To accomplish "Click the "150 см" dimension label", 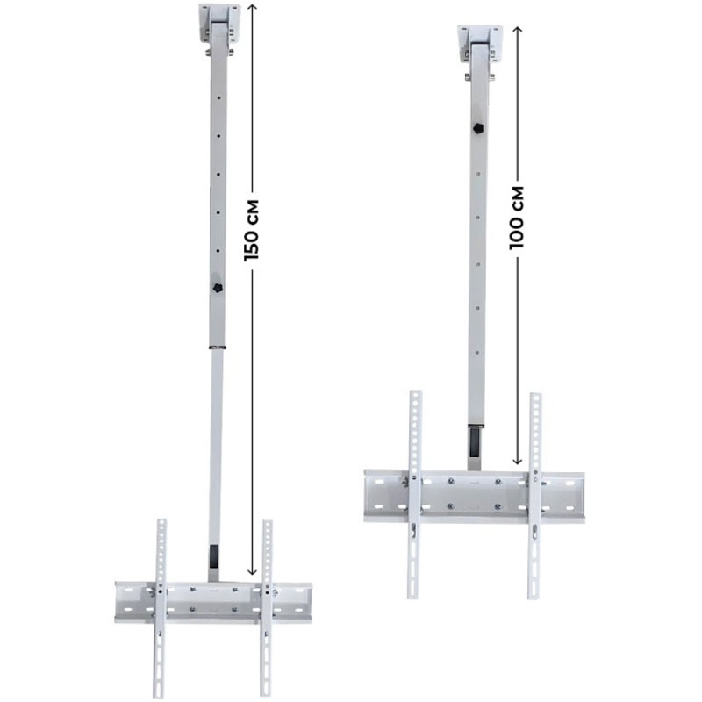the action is pyautogui.click(x=252, y=230).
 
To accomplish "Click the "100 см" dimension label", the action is pyautogui.click(x=517, y=218).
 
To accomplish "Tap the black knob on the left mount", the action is pyautogui.click(x=218, y=288).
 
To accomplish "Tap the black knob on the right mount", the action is pyautogui.click(x=478, y=128).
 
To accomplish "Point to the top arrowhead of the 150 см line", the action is pyautogui.click(x=253, y=6).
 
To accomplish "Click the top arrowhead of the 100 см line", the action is pyautogui.click(x=517, y=30).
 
